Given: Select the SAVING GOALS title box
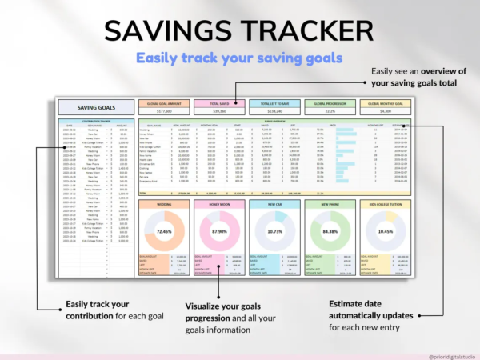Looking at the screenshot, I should click(95, 107).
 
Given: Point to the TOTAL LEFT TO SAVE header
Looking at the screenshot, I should click(274, 104).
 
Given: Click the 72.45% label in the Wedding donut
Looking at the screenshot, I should click(166, 231).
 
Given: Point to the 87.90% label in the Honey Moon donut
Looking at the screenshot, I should click(220, 231).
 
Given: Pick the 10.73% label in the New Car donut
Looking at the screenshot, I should click(275, 231).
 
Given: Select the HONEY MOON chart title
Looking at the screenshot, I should click(220, 203).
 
